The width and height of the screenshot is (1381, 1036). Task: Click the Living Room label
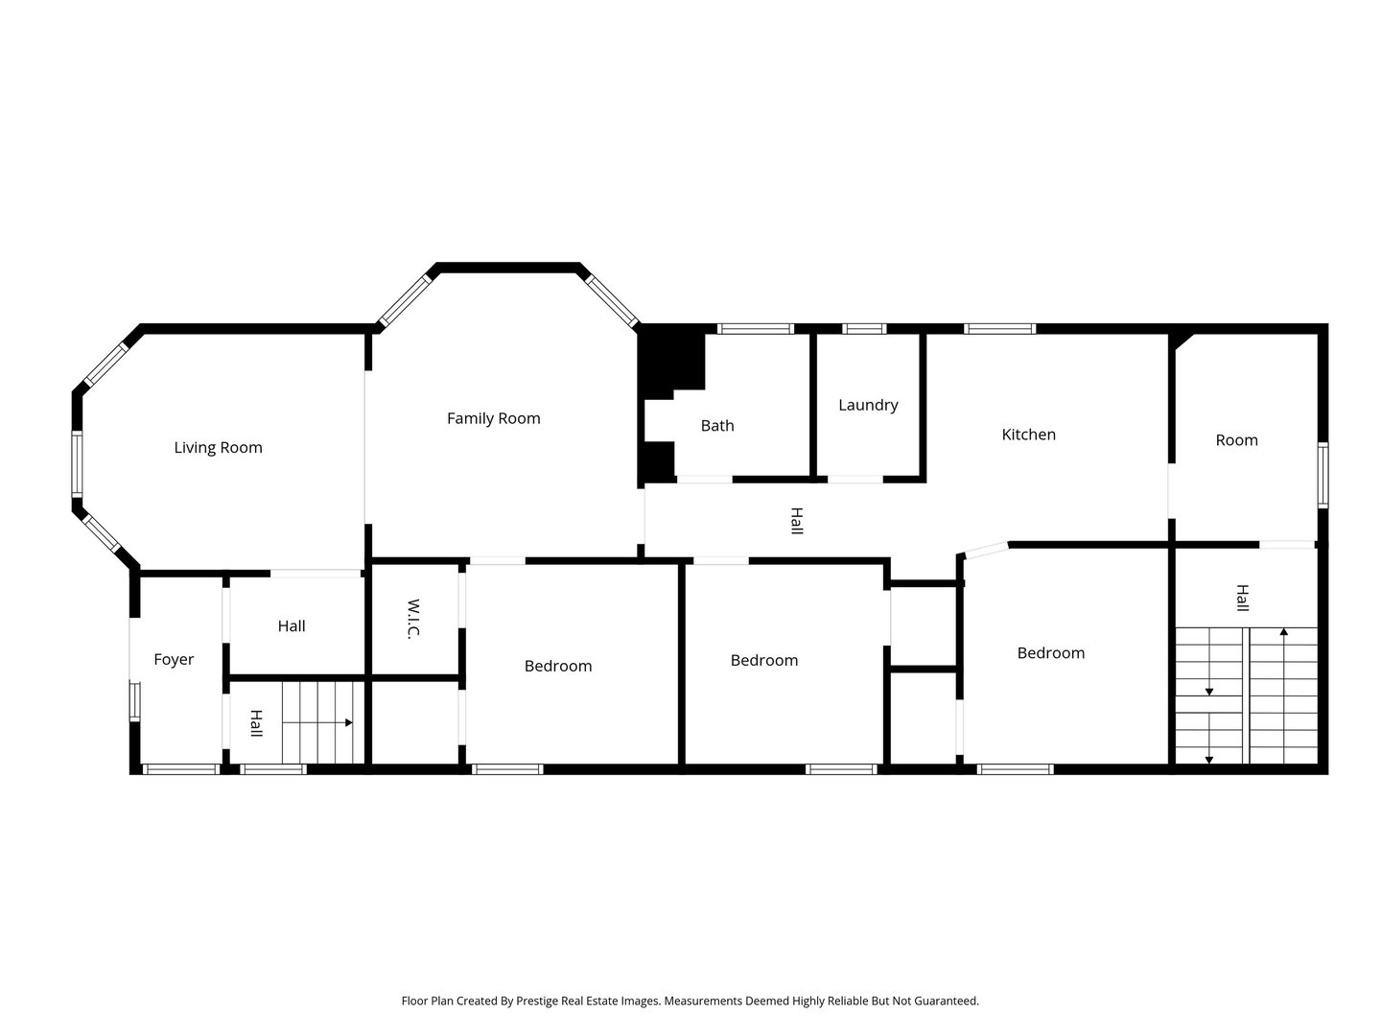pos(218,447)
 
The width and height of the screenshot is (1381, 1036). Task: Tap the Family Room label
pos(493,418)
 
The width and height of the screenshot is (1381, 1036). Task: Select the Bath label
pos(717,425)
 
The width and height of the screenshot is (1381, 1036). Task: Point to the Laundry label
pos(868,405)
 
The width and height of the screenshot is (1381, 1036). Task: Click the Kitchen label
pos(1028,434)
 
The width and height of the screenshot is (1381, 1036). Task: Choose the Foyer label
pos(174,659)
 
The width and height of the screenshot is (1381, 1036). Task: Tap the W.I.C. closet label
pos(412,619)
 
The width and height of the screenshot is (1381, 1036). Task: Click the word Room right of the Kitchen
pos(1236,440)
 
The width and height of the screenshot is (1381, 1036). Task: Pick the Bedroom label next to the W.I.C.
pos(558,666)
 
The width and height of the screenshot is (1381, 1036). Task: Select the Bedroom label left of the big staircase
pos(1051,653)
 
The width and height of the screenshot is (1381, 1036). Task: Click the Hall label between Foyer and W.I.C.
pos(292,625)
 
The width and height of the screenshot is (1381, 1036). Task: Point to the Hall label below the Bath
pos(797,521)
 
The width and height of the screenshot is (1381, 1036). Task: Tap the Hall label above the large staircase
pos(1242,598)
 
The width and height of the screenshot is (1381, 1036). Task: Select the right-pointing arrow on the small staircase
pos(317,722)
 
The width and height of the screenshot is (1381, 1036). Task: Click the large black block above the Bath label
pos(672,362)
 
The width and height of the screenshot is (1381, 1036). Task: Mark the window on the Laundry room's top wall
pos(864,328)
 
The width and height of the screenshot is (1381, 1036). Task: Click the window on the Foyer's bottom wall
pos(180,768)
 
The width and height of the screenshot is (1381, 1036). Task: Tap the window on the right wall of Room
pos(1322,475)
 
